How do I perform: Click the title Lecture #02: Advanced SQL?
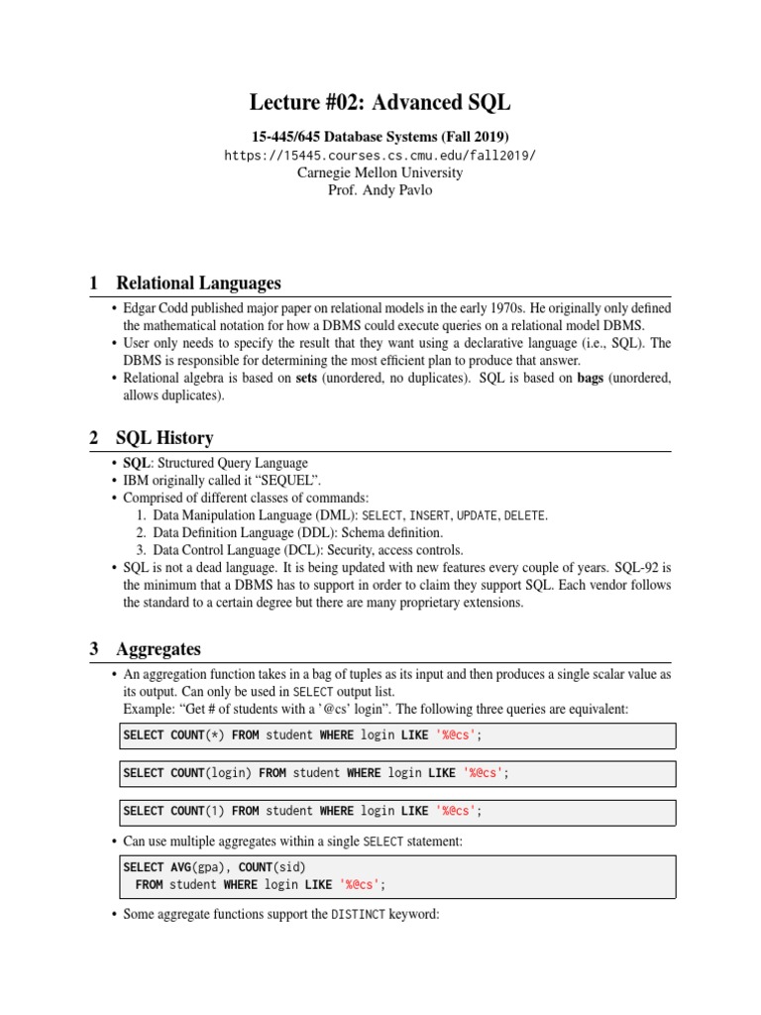click(x=380, y=102)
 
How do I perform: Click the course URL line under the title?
click(x=380, y=156)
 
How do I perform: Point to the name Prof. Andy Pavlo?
click(x=380, y=190)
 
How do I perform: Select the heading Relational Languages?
click(x=198, y=283)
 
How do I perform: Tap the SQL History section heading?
click(x=163, y=438)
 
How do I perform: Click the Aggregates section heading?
click(x=158, y=649)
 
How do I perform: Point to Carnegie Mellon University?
click(x=380, y=172)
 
